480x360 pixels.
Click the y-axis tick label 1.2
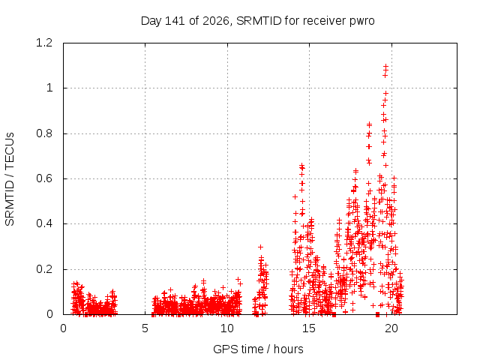44,43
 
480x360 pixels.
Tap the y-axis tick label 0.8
44,133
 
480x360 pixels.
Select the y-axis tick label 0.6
44,178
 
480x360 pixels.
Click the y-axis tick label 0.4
44,223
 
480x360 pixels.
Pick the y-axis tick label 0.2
44,269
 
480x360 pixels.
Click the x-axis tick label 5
145,328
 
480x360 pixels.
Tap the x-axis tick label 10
226,328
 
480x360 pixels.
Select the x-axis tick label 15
309,328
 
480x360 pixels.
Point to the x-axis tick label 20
391,328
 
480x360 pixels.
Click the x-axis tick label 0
63,328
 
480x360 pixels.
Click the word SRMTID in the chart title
259,21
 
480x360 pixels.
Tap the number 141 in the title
175,21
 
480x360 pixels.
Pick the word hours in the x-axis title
288,349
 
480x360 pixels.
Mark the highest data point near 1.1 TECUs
385,66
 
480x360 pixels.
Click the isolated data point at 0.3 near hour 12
260,247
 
